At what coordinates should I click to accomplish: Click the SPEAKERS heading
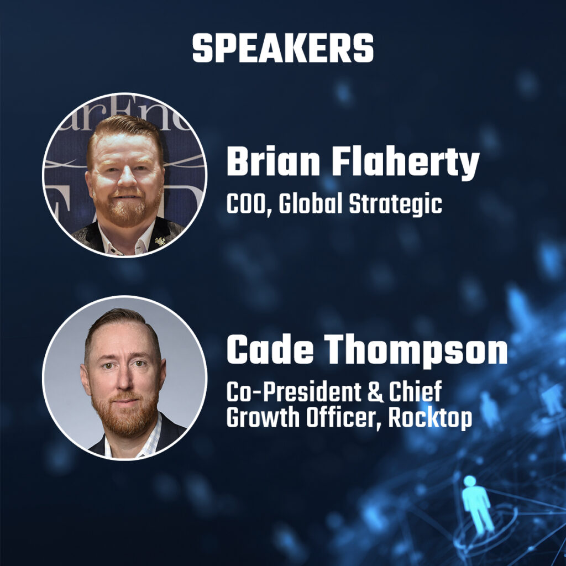283,49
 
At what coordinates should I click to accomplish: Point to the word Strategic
395,205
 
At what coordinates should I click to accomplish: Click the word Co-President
294,392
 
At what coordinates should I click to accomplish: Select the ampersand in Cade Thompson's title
375,392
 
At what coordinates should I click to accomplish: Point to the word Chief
415,392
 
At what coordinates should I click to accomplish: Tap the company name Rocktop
430,419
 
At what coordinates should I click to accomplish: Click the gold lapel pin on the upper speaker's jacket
159,240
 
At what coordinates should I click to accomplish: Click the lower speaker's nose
123,381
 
